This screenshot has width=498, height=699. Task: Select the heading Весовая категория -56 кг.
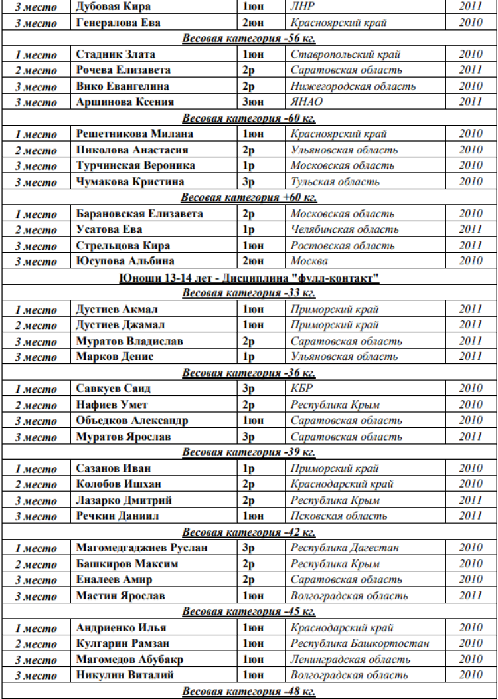click(249, 39)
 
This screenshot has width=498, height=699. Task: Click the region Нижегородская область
click(353, 86)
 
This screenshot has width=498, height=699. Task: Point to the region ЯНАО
click(304, 102)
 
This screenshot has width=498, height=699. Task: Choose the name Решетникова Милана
click(134, 134)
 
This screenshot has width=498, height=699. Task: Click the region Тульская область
click(335, 182)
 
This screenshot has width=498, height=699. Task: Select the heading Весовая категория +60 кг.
click(249, 198)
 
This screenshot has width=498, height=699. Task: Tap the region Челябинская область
click(344, 230)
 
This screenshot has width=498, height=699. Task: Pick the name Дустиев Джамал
click(121, 325)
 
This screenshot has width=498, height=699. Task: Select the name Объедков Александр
click(131, 421)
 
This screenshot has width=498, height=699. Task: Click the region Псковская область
click(339, 516)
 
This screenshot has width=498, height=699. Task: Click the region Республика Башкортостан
click(359, 644)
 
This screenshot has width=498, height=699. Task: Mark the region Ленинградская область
click(349, 660)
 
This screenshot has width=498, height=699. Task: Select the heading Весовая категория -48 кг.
click(249, 692)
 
